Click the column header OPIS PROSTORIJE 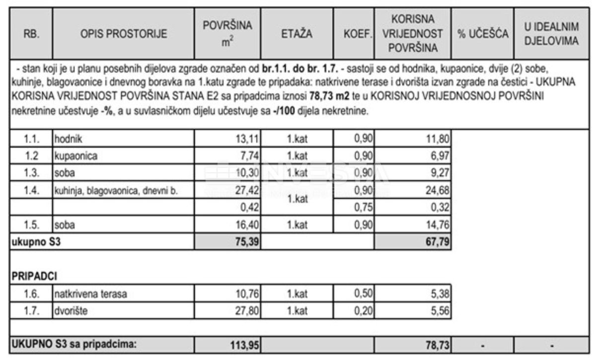[x=124, y=35]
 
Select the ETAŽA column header [x=297, y=35]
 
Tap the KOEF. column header [x=353, y=35]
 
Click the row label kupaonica [x=76, y=155]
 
